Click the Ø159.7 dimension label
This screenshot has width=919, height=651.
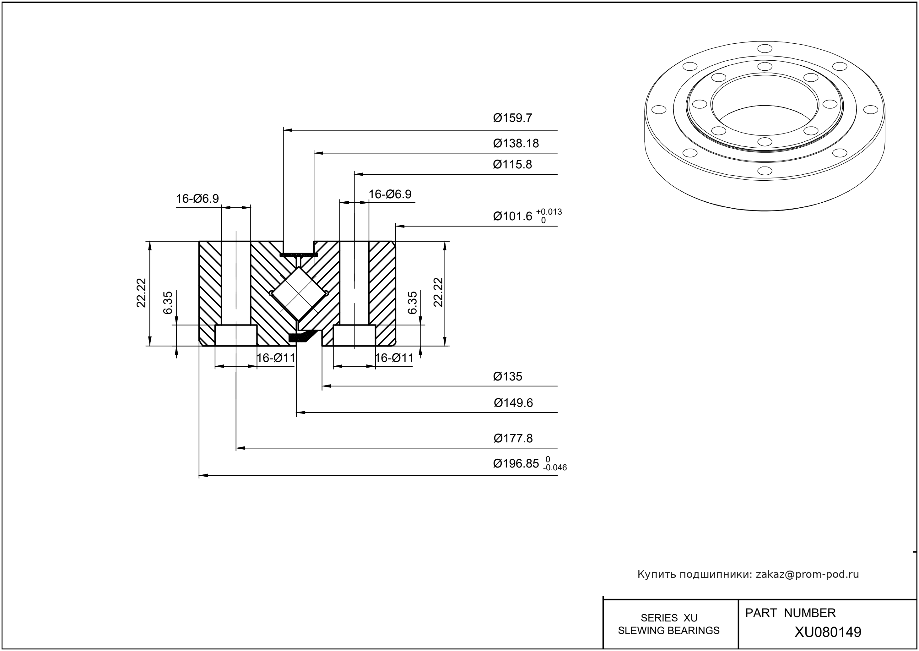tap(512, 118)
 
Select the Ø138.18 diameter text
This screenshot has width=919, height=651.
tap(516, 143)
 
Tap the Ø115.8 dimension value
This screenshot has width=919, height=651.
tap(512, 164)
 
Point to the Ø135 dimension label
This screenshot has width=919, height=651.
tap(508, 376)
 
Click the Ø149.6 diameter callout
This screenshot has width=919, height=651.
tap(513, 403)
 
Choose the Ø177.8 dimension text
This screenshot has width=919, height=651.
tap(513, 438)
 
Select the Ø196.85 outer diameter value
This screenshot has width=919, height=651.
tap(516, 464)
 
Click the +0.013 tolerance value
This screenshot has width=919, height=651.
tap(549, 212)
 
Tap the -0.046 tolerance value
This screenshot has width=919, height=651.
tap(555, 468)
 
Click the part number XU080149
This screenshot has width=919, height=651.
tap(828, 632)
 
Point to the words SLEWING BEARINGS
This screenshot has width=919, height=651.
tap(669, 631)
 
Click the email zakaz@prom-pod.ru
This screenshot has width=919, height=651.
tap(807, 574)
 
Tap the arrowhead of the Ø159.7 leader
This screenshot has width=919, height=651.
tap(287, 130)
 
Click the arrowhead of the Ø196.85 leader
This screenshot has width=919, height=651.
tap(203, 476)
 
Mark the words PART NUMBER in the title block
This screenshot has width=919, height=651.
tap(790, 613)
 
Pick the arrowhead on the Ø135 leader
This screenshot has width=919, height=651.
tap(327, 386)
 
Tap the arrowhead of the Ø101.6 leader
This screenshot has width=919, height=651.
tap(400, 226)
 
